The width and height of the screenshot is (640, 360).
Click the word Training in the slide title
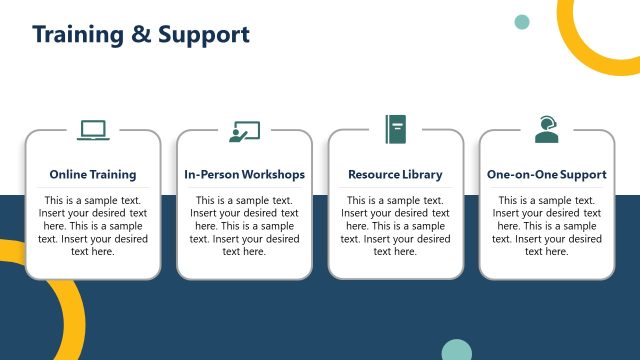(76, 35)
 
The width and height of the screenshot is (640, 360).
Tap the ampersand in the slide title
(141, 35)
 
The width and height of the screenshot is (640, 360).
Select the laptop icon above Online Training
(93, 130)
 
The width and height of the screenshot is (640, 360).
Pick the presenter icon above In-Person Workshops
(244, 131)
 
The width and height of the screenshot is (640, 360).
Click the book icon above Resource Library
(395, 128)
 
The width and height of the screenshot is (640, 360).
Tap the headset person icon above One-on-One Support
(546, 129)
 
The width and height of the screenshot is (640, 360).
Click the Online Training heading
(93, 174)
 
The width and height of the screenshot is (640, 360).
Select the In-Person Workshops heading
(244, 174)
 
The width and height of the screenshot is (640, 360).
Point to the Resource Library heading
(395, 174)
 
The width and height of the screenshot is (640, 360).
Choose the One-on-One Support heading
(546, 174)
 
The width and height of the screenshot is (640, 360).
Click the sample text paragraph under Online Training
(93, 225)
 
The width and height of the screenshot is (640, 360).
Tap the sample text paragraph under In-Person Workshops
(244, 225)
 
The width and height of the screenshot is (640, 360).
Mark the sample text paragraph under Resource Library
(395, 225)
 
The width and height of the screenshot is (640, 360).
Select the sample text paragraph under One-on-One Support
(546, 225)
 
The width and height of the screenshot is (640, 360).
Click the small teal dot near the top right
(521, 22)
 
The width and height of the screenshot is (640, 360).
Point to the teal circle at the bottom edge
(456, 351)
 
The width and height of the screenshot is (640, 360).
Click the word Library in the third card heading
(422, 174)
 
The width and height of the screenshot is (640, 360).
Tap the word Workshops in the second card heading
(271, 174)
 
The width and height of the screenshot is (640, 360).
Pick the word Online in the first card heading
(66, 174)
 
